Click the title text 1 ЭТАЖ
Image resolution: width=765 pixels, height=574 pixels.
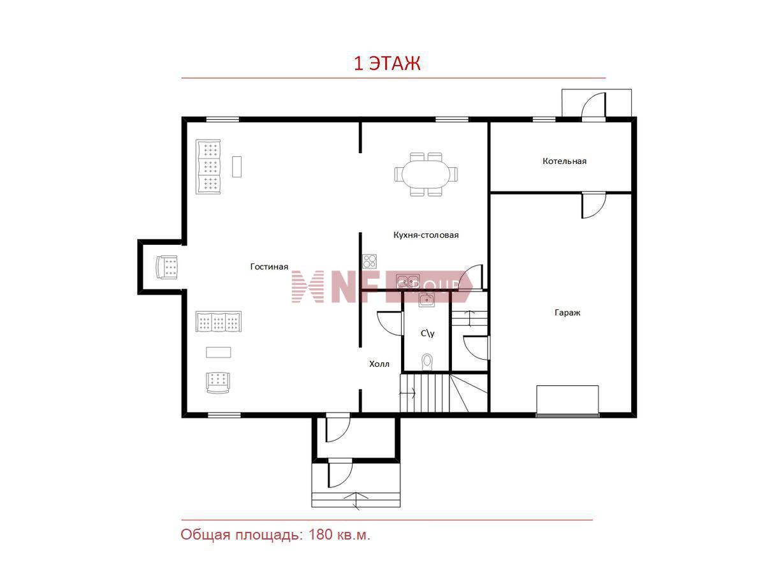pos(387,63)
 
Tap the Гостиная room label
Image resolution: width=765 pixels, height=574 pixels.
pos(269,267)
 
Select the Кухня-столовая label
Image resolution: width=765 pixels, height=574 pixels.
pos(426,235)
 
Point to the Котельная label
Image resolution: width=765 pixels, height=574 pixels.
pos(564,161)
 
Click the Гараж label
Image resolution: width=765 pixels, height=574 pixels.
pos(567,313)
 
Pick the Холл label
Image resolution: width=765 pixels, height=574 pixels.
pos(379,364)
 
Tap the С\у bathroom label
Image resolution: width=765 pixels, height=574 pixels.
pos(427,334)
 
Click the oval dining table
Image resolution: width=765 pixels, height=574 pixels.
pos(426,174)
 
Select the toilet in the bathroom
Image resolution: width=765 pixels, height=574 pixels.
pos(426,362)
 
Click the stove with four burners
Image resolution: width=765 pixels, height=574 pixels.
pos(369,261)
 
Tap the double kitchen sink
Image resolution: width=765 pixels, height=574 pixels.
pos(407,280)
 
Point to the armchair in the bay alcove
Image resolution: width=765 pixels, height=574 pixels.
pos(166,267)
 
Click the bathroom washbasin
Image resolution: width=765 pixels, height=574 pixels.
pos(426,300)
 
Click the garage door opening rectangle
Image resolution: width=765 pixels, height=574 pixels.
pos(567,401)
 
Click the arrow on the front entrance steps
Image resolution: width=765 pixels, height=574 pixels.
pos(356,501)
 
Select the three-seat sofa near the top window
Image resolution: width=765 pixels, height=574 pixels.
pos(208,166)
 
